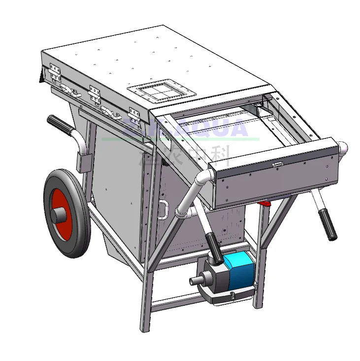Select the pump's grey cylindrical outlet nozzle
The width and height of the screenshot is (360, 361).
197,281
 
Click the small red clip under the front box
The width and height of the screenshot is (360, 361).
266,202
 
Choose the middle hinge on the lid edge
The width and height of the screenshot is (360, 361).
94,93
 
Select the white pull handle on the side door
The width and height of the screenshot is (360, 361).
163,209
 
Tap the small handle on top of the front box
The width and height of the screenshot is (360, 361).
277,164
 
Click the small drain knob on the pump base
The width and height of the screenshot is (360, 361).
231,294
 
